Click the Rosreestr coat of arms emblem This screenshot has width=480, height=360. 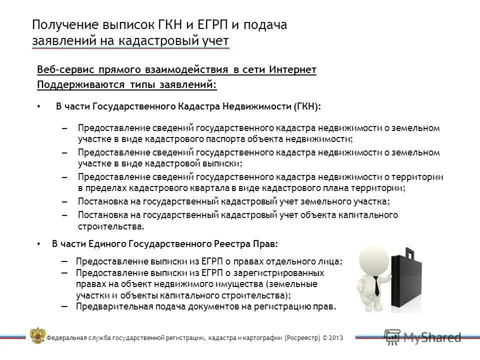pos(37,335)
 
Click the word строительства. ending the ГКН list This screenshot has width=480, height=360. pos(111,226)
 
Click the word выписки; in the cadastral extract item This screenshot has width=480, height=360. pos(225,163)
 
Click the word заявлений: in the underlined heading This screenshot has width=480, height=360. pos(188,84)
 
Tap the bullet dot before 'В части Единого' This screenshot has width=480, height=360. pos(39,244)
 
